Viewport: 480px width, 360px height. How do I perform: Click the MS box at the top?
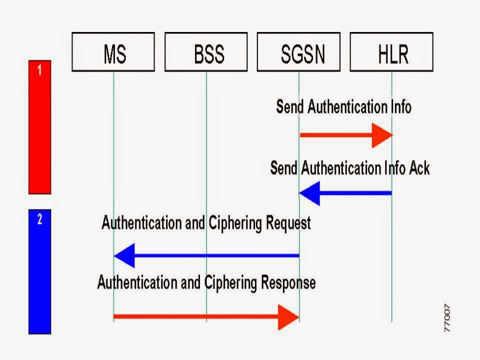tap(113, 52)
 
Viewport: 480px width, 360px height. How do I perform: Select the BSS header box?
tap(206, 52)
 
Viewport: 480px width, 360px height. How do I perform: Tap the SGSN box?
tap(298, 52)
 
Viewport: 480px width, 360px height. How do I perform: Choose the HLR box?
tap(391, 52)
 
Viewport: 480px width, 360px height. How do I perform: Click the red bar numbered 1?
tap(39, 127)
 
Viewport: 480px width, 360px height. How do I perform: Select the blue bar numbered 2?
tap(39, 271)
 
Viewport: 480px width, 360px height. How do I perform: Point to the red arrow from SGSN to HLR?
tap(345, 135)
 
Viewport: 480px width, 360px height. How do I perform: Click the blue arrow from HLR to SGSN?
tap(345, 193)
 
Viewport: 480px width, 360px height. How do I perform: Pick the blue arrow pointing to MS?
tap(206, 256)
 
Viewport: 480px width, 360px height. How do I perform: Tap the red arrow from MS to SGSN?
tap(206, 316)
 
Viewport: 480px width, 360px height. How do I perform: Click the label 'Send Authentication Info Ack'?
tap(349, 168)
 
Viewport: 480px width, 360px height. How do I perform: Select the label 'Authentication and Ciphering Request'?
tap(206, 223)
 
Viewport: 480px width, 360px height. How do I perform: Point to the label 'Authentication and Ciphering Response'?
tap(206, 282)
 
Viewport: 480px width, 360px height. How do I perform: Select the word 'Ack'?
tap(418, 168)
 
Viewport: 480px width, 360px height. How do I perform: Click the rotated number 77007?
tap(446, 318)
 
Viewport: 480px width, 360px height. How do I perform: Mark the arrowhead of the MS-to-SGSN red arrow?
tap(288, 316)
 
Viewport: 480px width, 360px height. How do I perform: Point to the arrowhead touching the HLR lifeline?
tap(382, 135)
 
